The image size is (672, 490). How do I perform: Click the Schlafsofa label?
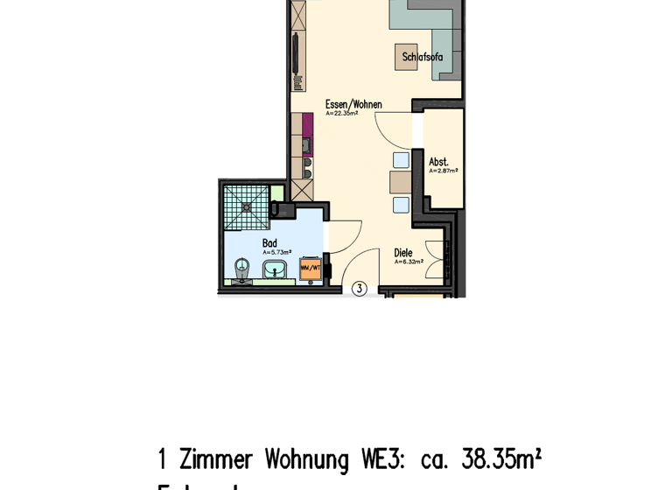[x=423, y=58]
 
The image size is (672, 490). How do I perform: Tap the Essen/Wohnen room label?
[x=353, y=104]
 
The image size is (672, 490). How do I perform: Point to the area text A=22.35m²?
[x=341, y=114]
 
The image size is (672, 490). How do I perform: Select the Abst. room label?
[x=438, y=162]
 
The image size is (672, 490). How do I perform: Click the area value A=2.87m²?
[x=443, y=171]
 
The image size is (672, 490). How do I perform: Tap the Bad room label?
[x=269, y=243]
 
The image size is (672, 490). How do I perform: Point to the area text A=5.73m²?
[x=276, y=252]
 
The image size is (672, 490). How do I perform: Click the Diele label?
[x=402, y=253]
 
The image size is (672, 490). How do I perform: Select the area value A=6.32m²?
[x=408, y=262]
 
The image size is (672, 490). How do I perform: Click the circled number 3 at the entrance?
[x=359, y=288]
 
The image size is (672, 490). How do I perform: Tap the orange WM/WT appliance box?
[x=311, y=269]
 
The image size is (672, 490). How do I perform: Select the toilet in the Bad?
[x=242, y=268]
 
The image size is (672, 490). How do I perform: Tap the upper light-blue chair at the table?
[x=401, y=160]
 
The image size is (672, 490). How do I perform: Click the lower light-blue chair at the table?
[x=401, y=205]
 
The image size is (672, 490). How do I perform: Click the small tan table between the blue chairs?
[x=401, y=182]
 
